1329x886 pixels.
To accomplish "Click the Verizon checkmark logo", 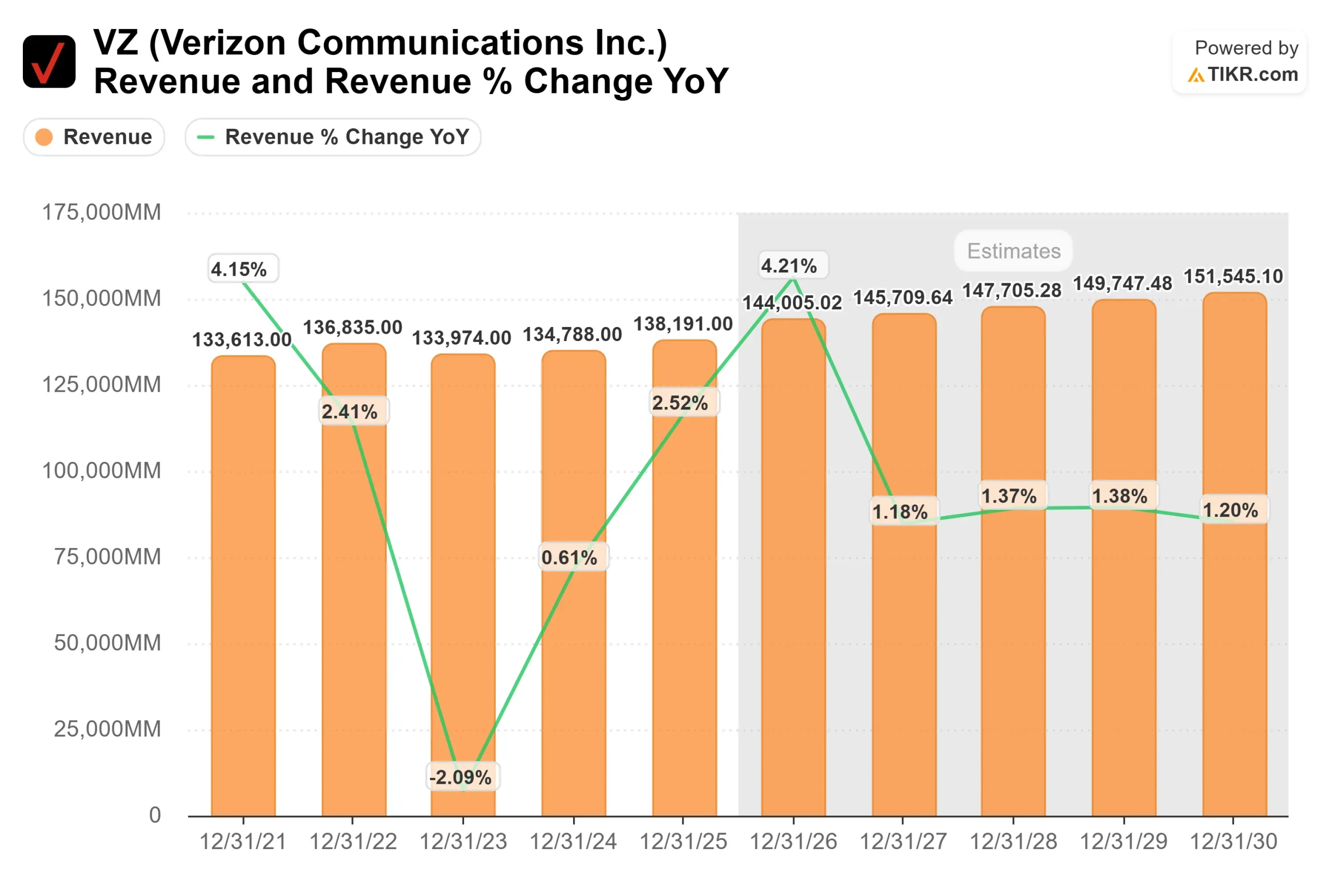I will [x=49, y=62].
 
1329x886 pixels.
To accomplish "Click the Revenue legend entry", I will [x=94, y=137].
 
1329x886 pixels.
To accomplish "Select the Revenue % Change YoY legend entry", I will [x=333, y=137].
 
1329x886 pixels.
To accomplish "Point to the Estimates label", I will [x=1014, y=251].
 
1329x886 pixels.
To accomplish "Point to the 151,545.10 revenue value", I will [x=1233, y=276].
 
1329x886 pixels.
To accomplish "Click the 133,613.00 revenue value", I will [x=242, y=339].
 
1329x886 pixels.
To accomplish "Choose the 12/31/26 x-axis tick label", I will [x=793, y=842].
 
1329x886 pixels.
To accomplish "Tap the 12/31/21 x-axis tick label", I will [x=243, y=842].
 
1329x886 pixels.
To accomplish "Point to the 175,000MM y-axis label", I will [x=102, y=212].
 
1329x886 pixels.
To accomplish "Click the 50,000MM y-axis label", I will [x=107, y=643].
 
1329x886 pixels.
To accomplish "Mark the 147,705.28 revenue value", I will [x=1012, y=291].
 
